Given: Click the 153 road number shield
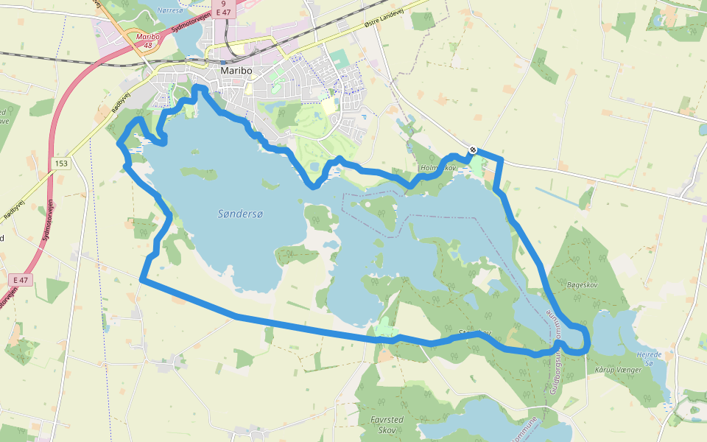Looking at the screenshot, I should pyautogui.click(x=60, y=164).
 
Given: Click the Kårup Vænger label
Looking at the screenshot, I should pyautogui.click(x=618, y=369).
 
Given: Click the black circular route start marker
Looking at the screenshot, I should pyautogui.click(x=473, y=150).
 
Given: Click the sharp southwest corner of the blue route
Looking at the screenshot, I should pyautogui.click(x=141, y=279).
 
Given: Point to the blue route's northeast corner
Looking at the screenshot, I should pyautogui.click(x=502, y=159).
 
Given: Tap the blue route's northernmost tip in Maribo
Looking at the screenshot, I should pyautogui.click(x=197, y=88).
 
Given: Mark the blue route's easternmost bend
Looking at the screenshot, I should pyautogui.click(x=588, y=340).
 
